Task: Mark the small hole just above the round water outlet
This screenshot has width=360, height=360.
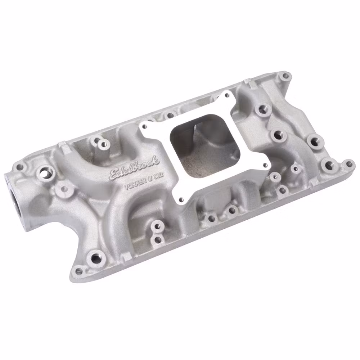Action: [21, 167]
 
